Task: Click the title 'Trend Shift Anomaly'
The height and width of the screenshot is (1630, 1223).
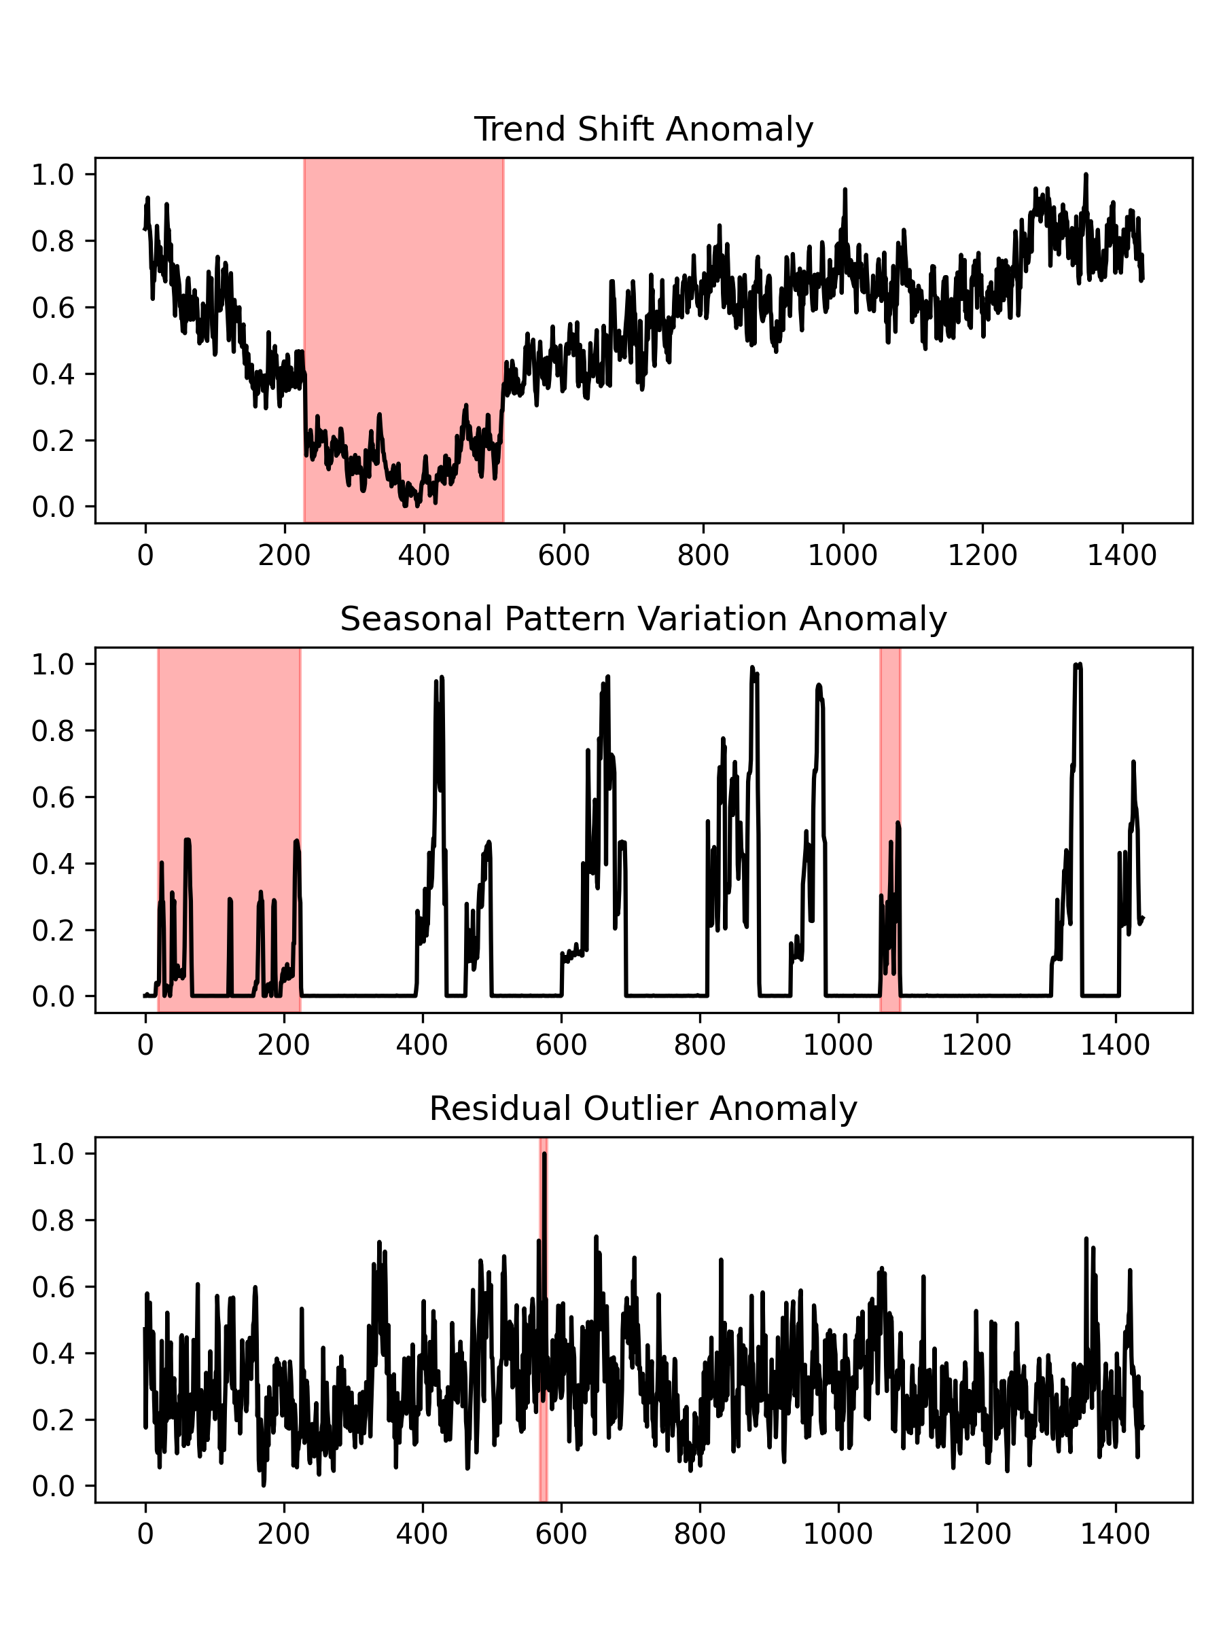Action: pos(643,130)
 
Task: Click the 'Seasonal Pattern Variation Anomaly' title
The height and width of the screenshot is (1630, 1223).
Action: pos(643,619)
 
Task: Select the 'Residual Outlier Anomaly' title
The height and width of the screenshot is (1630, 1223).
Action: pos(643,1108)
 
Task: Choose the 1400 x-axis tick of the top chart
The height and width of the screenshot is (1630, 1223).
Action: pos(1121,556)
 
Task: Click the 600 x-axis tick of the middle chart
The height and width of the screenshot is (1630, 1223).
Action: pos(561,1045)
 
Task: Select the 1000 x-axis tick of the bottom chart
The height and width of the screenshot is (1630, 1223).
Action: pos(838,1534)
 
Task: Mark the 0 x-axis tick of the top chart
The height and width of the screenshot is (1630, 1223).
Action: pos(145,556)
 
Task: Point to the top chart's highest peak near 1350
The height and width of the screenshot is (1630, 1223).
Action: pos(1085,176)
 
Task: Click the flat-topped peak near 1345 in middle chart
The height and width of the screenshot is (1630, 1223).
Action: pos(1077,666)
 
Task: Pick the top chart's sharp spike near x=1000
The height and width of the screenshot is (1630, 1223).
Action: pos(845,191)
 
